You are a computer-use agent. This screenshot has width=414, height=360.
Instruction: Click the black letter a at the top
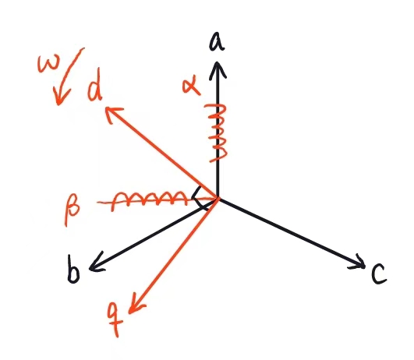pos(217,42)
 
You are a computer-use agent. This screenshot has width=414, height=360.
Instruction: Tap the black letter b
pos(73,269)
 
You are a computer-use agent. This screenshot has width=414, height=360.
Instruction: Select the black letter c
pos(379,274)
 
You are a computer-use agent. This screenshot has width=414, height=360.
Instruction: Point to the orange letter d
pos(95,85)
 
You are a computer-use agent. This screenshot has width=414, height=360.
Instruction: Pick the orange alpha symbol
pos(191,86)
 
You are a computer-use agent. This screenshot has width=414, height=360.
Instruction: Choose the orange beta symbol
pos(72,209)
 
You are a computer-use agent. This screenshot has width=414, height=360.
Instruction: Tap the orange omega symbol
pos(49,63)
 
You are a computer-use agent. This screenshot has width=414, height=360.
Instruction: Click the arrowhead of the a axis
pos(218,69)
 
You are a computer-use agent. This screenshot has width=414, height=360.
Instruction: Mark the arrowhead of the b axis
pos(96,264)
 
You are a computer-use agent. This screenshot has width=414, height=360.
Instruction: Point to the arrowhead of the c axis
pos(358,263)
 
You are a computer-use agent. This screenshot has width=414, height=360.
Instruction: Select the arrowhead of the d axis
pos(113,114)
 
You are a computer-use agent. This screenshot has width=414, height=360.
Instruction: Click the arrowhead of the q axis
pos(136,305)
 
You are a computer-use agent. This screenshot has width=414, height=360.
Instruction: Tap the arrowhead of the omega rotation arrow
pos(60,97)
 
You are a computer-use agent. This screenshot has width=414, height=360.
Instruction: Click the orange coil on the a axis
pos(217,132)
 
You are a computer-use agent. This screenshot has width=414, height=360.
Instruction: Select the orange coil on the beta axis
pos(149,201)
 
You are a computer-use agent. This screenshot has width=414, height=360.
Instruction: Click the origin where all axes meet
pos(218,198)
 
